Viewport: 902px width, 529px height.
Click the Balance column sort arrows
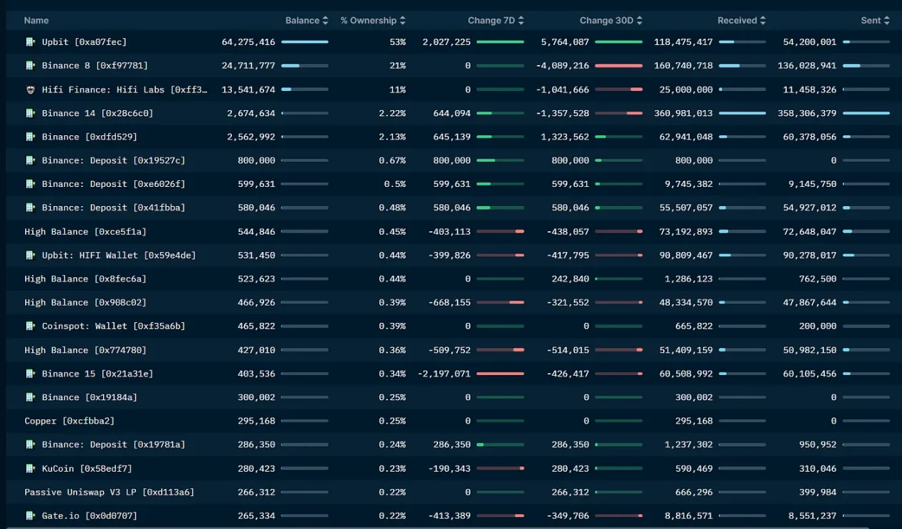(325, 21)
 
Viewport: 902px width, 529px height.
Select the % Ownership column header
(369, 21)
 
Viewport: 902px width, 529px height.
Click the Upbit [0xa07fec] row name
(84, 42)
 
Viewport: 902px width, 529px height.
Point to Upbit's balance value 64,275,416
(248, 42)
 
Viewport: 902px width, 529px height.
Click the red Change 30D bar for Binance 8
(619, 66)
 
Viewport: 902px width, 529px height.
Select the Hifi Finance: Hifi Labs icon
(30, 89)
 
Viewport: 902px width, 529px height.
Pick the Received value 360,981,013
(684, 113)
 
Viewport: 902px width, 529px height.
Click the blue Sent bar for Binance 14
(866, 113)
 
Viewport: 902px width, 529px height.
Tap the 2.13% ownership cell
(392, 137)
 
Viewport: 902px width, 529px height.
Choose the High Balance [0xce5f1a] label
(85, 231)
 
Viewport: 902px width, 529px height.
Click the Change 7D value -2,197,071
(444, 374)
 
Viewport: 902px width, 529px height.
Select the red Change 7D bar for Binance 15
(500, 374)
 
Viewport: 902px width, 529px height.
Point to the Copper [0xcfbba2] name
(69, 421)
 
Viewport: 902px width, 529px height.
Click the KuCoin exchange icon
(30, 468)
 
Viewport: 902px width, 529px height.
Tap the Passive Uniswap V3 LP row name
(109, 492)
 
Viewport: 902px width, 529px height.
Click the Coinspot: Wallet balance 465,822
(256, 326)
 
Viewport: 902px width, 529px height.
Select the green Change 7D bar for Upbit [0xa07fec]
(500, 42)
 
